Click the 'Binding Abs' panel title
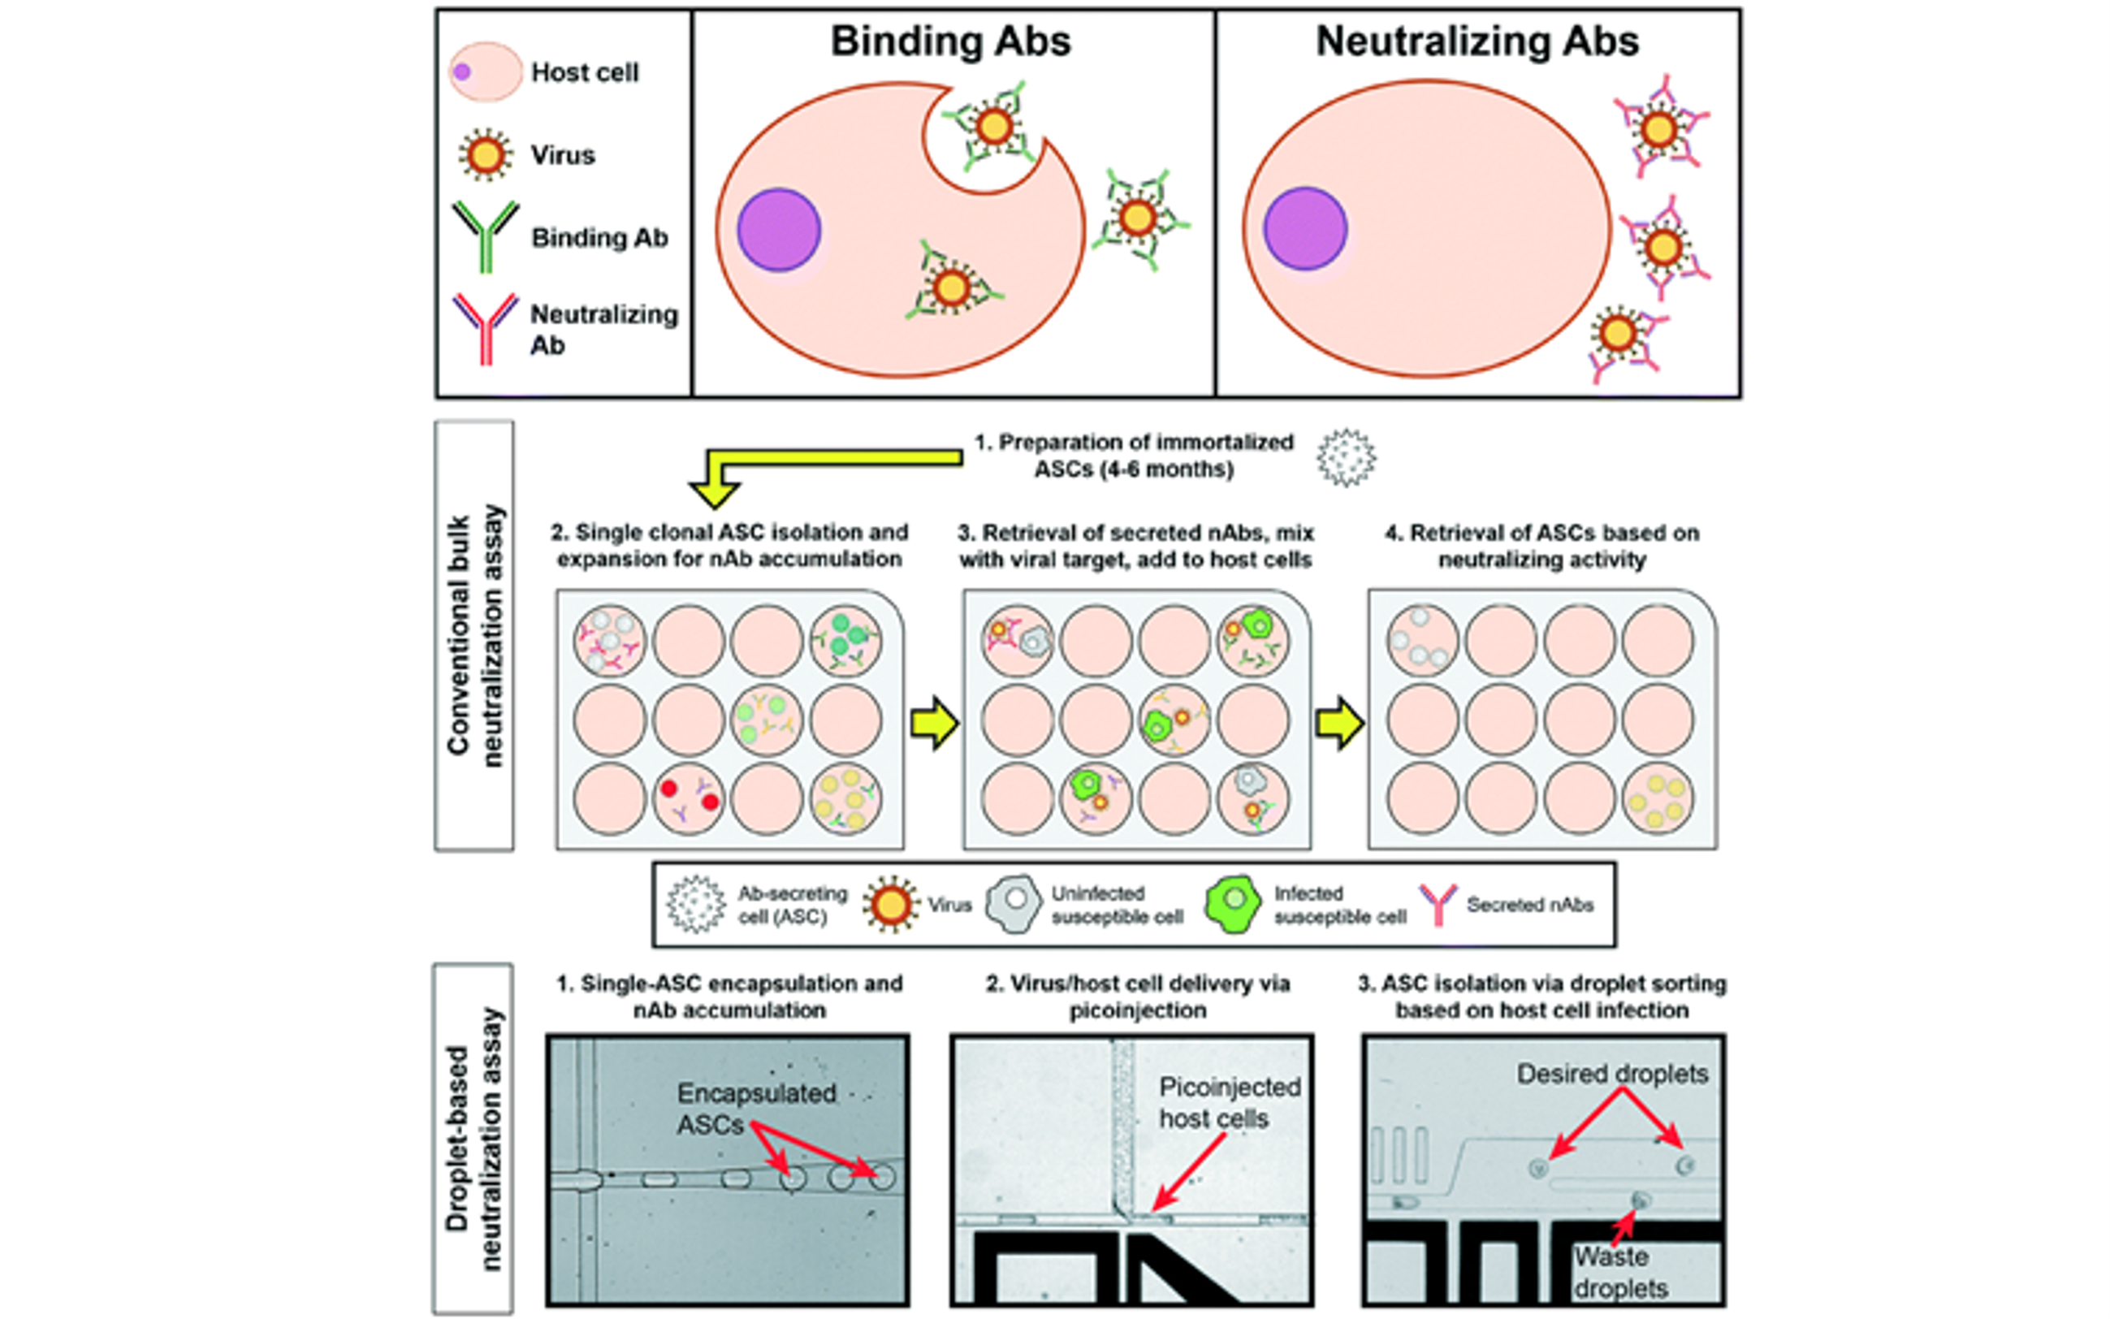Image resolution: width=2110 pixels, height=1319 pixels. (950, 42)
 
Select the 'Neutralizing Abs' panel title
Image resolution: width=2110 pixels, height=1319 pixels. (1477, 42)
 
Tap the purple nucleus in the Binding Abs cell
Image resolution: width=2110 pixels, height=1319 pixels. (779, 229)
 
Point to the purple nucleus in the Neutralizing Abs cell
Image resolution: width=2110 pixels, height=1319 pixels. (1305, 229)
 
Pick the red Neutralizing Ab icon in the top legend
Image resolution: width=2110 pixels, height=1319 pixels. (485, 327)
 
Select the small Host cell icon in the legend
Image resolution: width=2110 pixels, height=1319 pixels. (485, 71)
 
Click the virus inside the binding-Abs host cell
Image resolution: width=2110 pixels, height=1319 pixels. (951, 286)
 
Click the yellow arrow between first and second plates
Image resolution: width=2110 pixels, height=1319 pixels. (934, 721)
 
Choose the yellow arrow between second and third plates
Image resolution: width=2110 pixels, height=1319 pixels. (1339, 721)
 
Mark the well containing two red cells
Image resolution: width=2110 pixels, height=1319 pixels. (688, 798)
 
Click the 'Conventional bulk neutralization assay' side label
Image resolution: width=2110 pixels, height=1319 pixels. (474, 635)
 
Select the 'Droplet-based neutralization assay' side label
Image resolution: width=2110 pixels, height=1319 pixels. (474, 1139)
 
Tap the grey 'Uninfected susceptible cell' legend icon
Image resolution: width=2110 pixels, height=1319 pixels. (1014, 905)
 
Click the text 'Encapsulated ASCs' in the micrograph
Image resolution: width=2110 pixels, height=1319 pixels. (755, 1109)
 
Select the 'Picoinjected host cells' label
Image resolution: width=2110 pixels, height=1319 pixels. (1228, 1103)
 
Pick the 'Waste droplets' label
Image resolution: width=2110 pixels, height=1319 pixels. (1619, 1272)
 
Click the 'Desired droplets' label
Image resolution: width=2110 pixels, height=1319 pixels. (1612, 1074)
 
